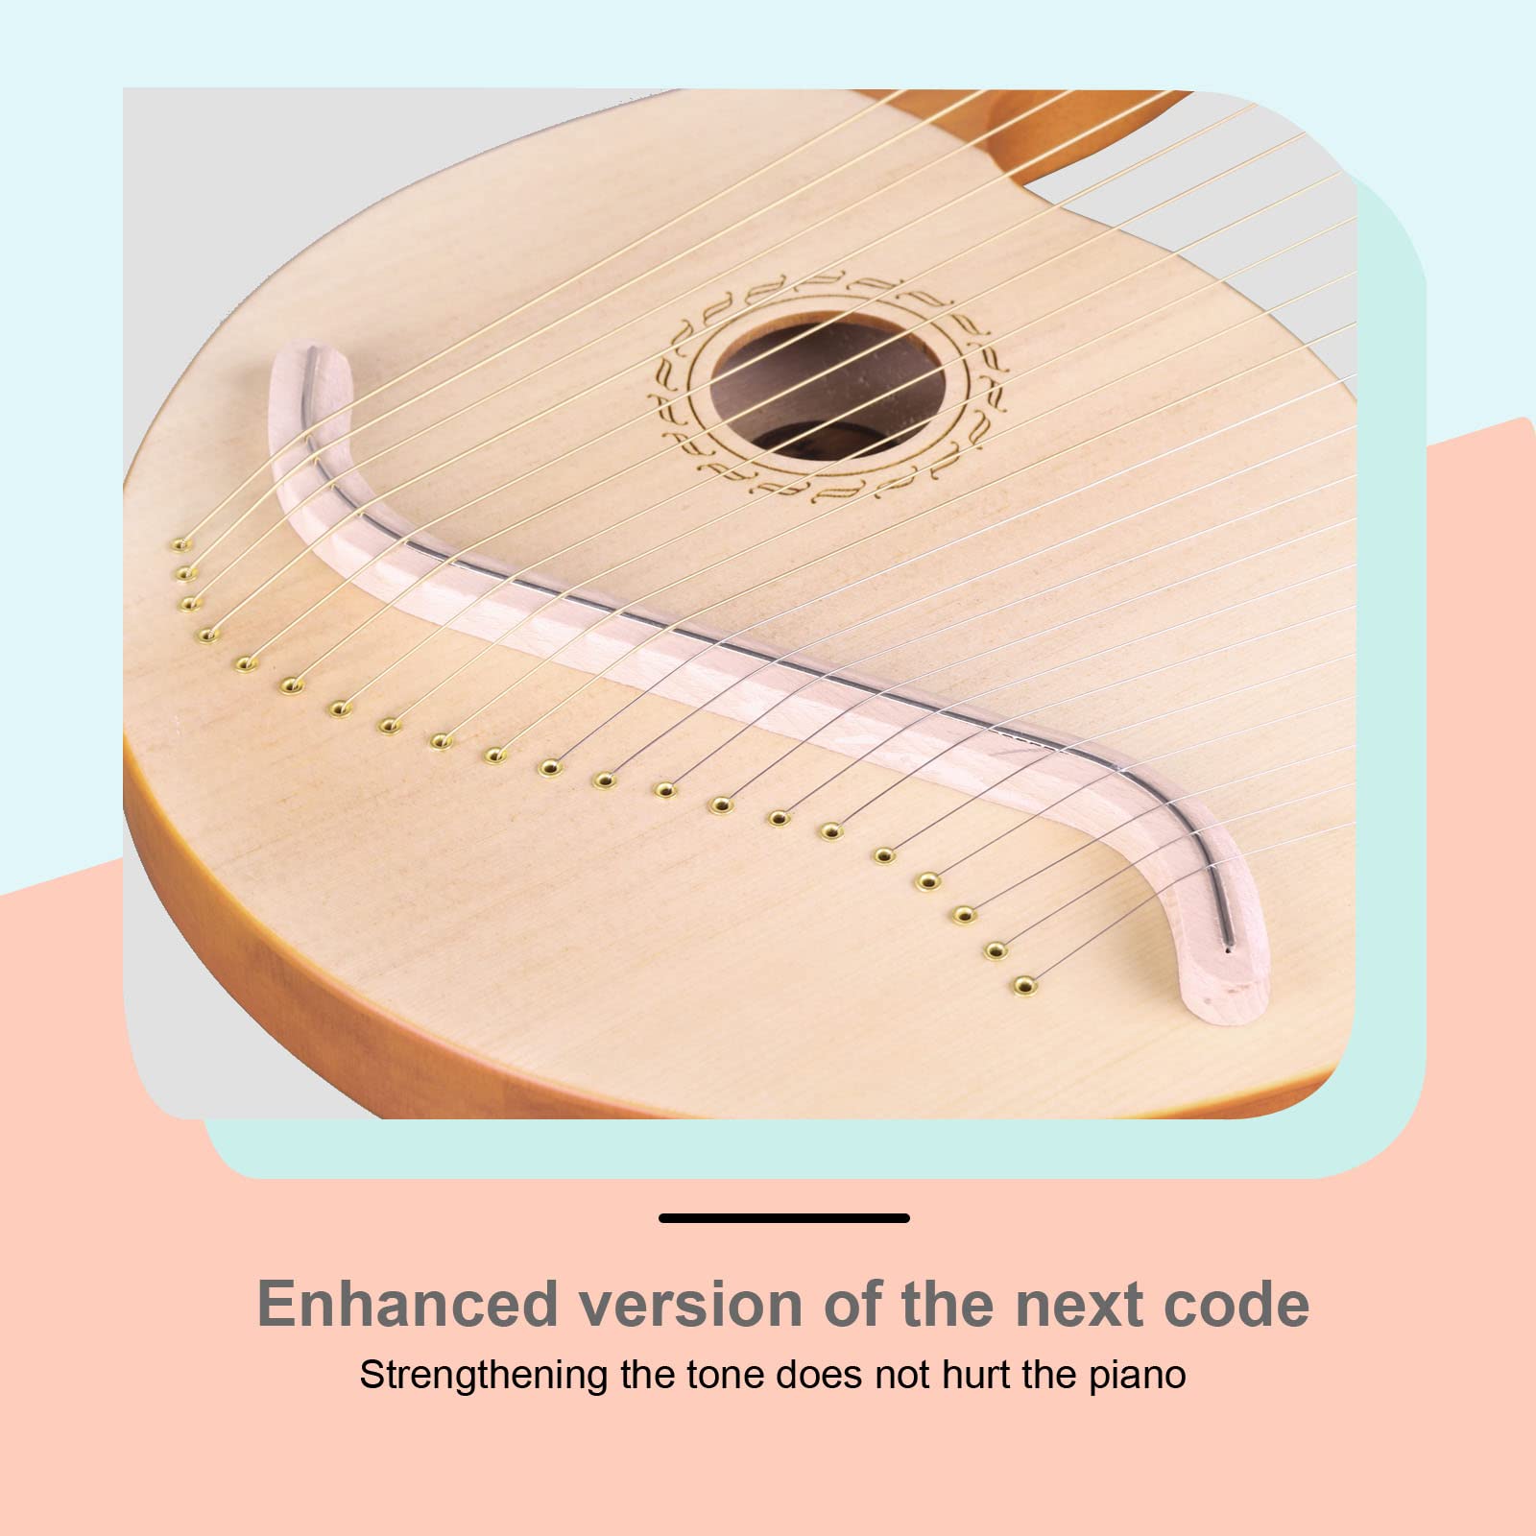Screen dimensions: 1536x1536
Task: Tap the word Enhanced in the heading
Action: pos(408,1304)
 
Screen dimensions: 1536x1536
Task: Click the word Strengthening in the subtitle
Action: pos(484,1375)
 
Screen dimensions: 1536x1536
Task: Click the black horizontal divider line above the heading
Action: pos(784,1218)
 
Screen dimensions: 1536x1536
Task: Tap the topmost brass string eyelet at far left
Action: pos(179,545)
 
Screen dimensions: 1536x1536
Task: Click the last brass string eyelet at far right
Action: pos(1024,985)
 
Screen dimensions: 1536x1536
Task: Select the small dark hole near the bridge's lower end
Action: pos(1230,950)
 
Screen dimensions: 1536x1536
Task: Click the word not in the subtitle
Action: pos(903,1375)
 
